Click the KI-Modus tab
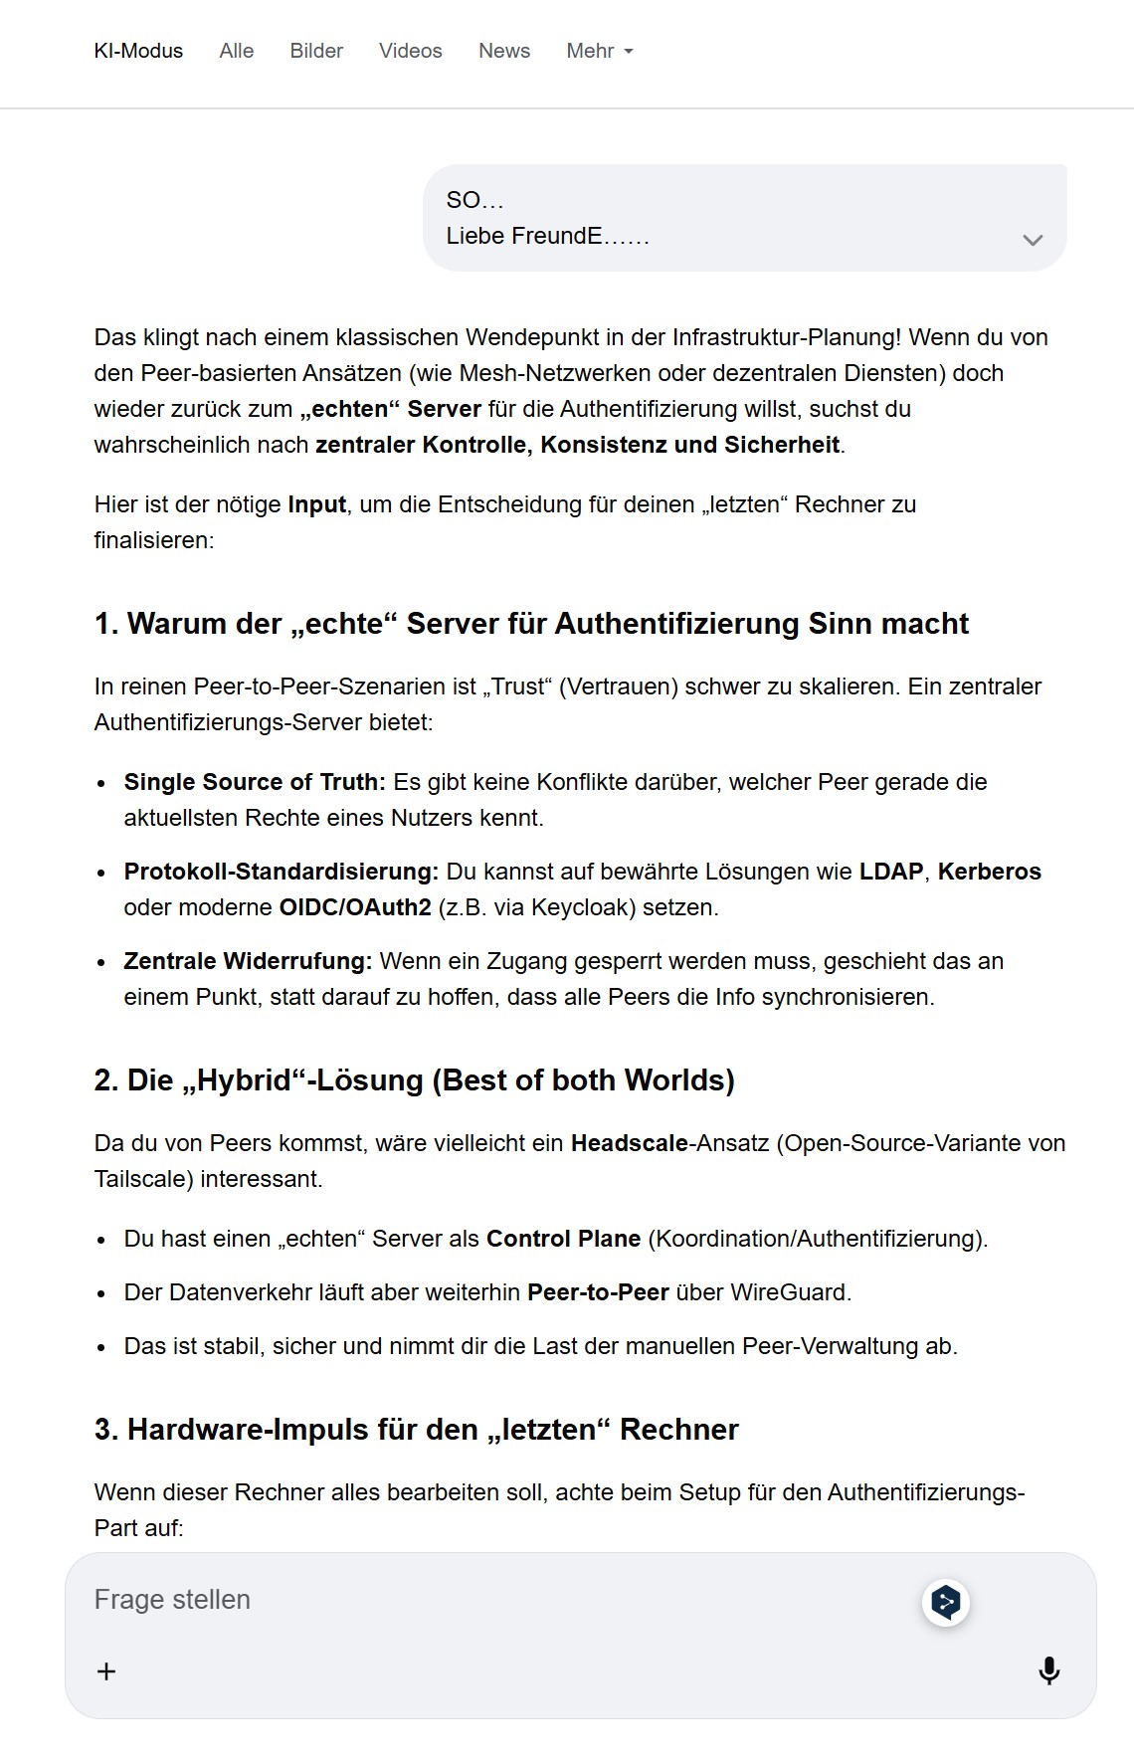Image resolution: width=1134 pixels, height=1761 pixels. (138, 51)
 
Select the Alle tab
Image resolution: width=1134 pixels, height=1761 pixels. (237, 51)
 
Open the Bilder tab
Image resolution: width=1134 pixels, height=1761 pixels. (316, 51)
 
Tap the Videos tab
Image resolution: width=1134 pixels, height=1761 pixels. (410, 51)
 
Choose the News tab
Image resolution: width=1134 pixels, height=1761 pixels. (504, 51)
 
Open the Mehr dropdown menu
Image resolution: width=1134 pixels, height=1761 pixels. (599, 51)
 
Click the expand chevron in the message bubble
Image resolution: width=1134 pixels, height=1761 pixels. (1033, 240)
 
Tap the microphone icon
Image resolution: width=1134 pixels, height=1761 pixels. (1048, 1670)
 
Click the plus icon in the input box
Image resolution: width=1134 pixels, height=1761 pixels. (106, 1670)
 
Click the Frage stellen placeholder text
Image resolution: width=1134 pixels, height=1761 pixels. (172, 1600)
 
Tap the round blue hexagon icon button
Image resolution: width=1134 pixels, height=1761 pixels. (945, 1602)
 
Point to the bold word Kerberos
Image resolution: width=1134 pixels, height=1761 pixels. (989, 872)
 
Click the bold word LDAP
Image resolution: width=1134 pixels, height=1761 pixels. (891, 872)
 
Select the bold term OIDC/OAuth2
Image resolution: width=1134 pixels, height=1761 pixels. (355, 907)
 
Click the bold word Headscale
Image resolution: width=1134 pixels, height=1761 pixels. (629, 1143)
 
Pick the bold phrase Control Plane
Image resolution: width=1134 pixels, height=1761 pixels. (563, 1239)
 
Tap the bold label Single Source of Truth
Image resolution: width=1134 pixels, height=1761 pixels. (254, 782)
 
